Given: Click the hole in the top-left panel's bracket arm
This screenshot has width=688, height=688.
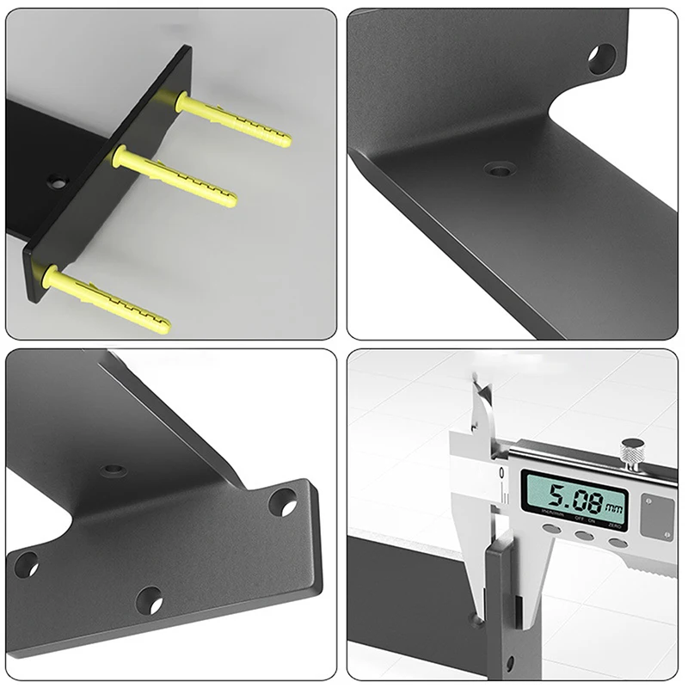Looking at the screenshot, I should tap(57, 181).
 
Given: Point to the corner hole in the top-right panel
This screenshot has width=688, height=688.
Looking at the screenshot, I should tap(601, 58).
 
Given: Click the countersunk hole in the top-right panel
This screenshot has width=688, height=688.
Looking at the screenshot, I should tap(500, 169).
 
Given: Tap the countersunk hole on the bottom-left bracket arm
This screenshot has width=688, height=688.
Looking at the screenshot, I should tap(113, 470).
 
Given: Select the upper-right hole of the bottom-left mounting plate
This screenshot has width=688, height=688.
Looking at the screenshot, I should tap(283, 502).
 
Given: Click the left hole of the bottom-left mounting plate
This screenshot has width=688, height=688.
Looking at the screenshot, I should tap(26, 565).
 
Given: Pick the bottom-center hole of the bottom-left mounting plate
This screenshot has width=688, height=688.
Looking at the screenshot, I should tap(149, 599).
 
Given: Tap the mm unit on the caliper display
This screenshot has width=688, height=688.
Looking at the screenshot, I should tap(613, 507).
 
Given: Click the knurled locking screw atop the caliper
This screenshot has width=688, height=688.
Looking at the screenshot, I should tap(634, 451).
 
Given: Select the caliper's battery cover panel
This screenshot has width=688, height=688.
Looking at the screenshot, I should tap(658, 516).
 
